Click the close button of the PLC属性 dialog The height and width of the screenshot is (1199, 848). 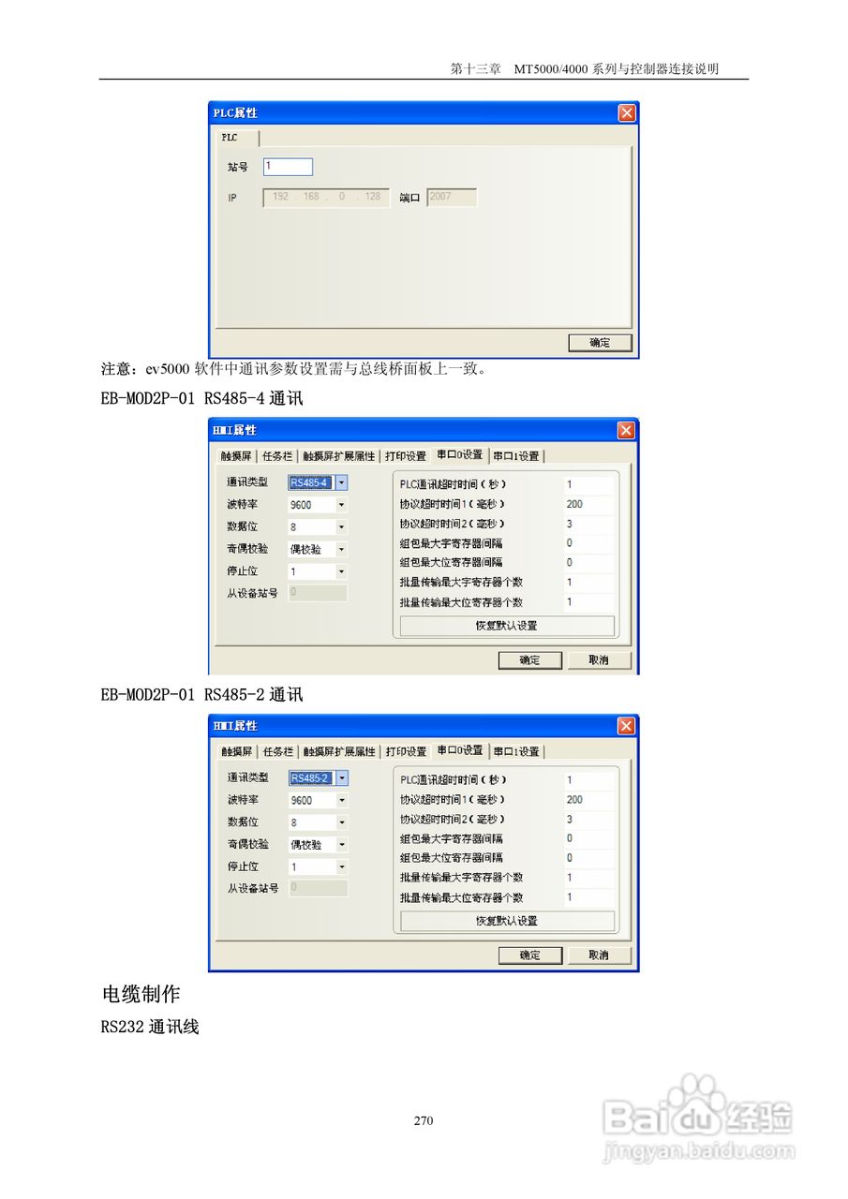point(627,113)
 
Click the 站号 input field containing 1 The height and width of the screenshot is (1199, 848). point(288,167)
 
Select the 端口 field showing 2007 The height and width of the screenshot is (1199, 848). point(451,198)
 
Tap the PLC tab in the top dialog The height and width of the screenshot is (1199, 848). point(231,137)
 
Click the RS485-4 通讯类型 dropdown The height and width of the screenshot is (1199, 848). point(318,483)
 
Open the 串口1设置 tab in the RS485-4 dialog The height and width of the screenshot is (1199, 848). point(516,456)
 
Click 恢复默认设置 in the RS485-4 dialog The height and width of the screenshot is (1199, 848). point(507,626)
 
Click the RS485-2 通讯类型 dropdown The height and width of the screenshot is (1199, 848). point(318,778)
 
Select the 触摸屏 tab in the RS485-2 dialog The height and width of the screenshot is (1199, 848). point(237,751)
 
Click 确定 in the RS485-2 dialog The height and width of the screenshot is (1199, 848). point(529,955)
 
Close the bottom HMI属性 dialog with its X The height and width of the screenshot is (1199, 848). point(627,726)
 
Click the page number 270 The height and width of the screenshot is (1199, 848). point(424,1120)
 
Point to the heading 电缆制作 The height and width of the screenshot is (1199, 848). point(141,994)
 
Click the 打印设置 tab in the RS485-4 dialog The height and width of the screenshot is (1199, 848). point(406,456)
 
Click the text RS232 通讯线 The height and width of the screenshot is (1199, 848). point(150,1028)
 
